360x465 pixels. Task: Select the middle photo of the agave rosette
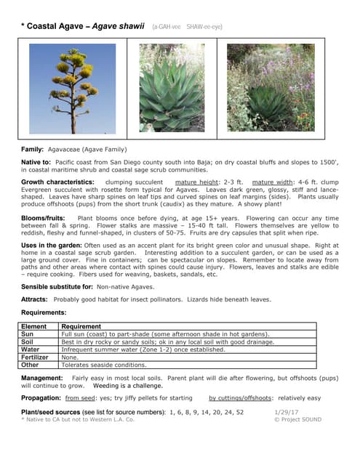171,88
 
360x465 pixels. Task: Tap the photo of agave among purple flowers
271,88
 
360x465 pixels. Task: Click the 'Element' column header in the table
34,327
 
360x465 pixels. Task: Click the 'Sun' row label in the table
28,334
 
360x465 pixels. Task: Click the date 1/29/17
286,412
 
